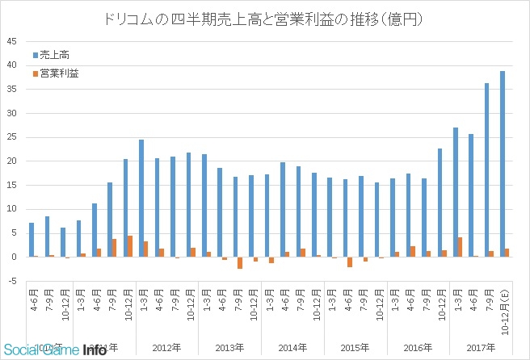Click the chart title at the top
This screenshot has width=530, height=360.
pos(265,18)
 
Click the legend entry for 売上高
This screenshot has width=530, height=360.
pos(57,56)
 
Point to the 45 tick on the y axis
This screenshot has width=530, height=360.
pos(11,41)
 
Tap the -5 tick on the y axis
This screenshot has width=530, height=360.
pos(11,281)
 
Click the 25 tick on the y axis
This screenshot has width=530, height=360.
pos(11,137)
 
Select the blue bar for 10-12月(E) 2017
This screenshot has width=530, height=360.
pos(503,164)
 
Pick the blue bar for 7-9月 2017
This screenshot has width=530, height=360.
pos(486,170)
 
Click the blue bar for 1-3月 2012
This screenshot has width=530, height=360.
pos(141,199)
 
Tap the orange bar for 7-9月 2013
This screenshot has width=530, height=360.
pos(240,263)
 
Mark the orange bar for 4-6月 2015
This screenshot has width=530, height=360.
pos(350,262)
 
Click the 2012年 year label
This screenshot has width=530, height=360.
pos(166,348)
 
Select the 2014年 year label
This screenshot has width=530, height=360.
pos(292,348)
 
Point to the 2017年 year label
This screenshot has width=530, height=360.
pos(482,348)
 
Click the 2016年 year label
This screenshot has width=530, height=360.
pos(419,348)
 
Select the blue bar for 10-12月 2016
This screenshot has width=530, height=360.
pos(440,203)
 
